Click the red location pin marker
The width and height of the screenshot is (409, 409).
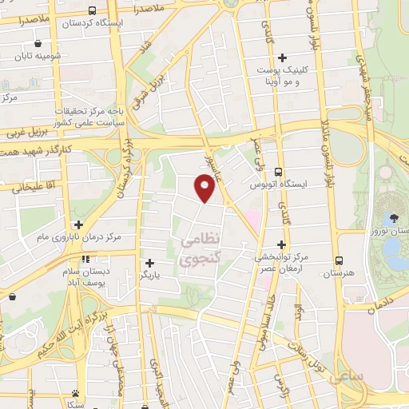tap(204, 187)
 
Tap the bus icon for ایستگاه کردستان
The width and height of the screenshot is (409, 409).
tap(93, 11)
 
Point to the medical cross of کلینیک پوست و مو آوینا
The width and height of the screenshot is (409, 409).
tap(281, 58)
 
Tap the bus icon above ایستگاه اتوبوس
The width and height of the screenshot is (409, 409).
tap(278, 172)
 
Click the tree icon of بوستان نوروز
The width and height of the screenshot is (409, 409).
tap(393, 218)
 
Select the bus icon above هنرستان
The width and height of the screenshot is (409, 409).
tap(339, 260)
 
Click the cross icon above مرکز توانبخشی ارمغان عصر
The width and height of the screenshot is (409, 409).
tap(281, 244)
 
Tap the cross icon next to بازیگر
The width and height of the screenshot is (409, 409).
tap(149, 262)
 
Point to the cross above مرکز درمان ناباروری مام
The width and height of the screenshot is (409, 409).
tap(78, 225)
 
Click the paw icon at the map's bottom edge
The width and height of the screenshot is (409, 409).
tap(75, 393)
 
